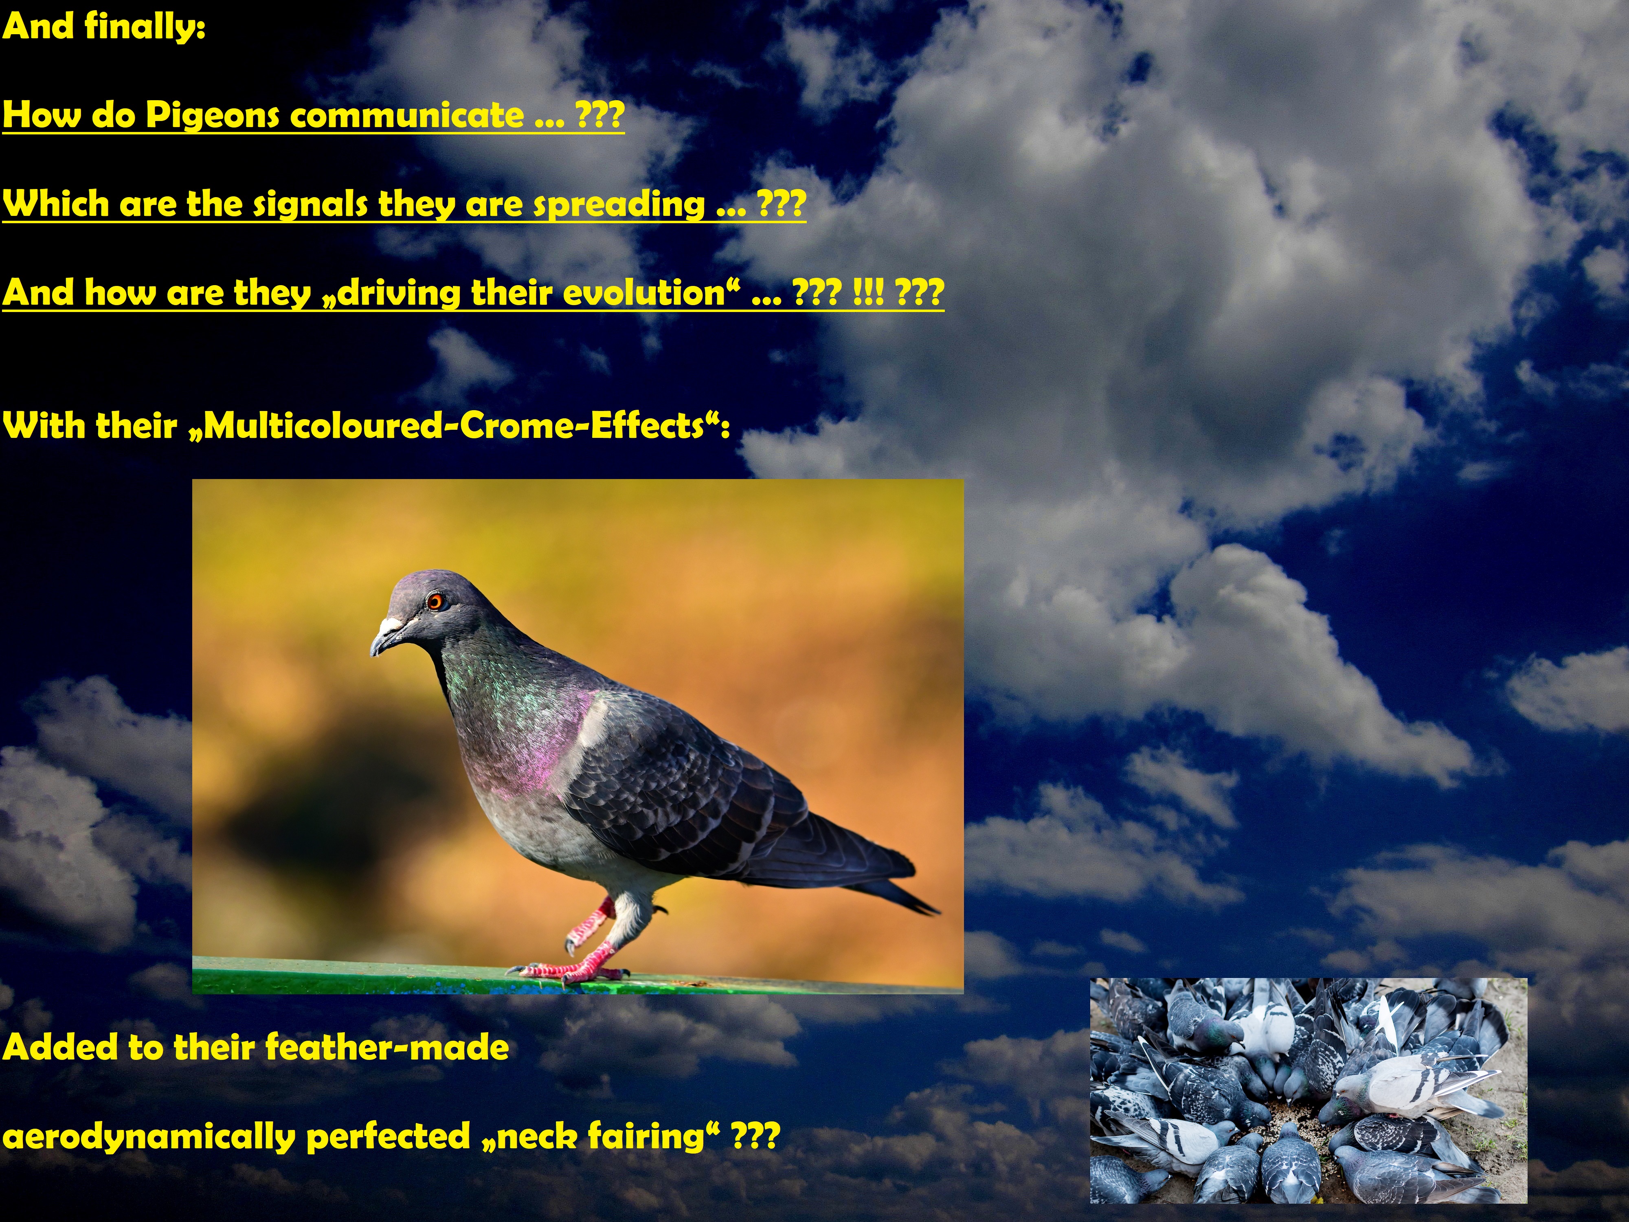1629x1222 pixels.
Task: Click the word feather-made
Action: tap(386, 1047)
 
